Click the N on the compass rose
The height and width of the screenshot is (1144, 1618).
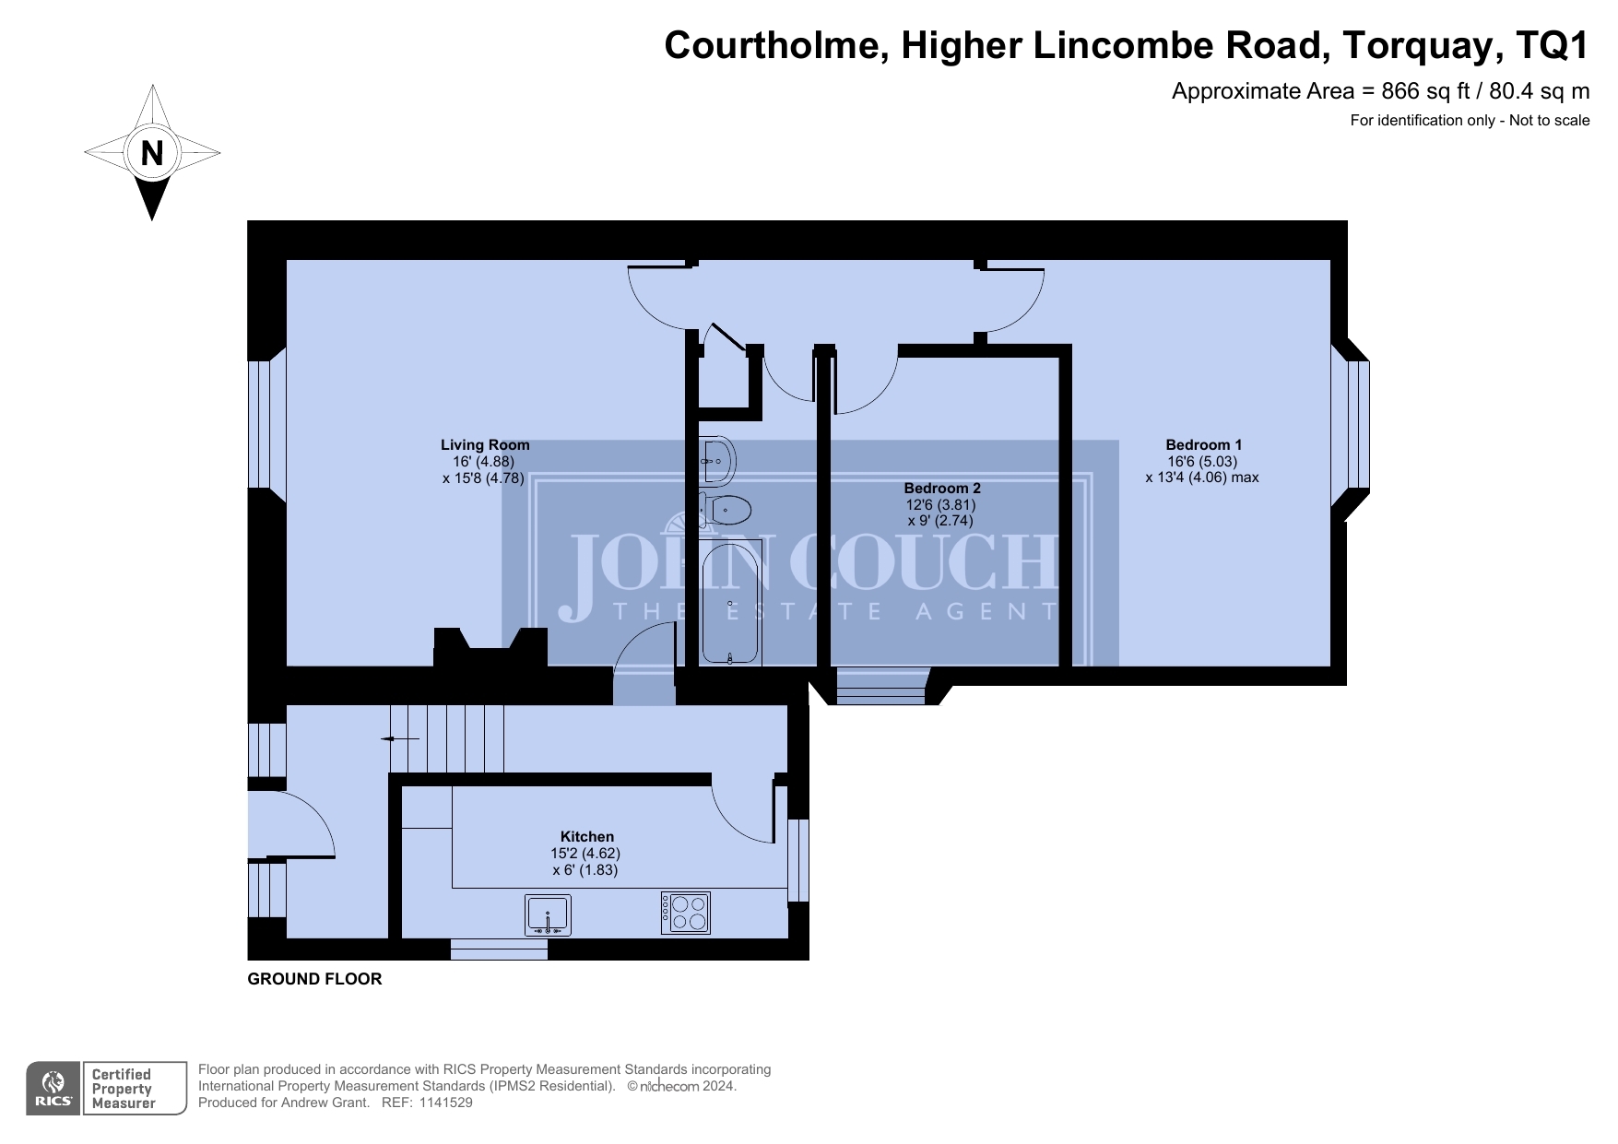152,153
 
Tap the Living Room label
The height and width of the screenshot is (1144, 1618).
485,444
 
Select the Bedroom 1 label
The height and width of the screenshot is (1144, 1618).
1203,444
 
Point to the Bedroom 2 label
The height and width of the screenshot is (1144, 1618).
941,488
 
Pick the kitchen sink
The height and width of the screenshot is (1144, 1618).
548,914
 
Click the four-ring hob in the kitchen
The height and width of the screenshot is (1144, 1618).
686,913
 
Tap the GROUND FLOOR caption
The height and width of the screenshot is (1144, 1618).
314,978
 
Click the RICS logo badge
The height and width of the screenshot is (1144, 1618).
53,1089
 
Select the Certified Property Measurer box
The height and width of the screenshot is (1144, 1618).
134,1089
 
